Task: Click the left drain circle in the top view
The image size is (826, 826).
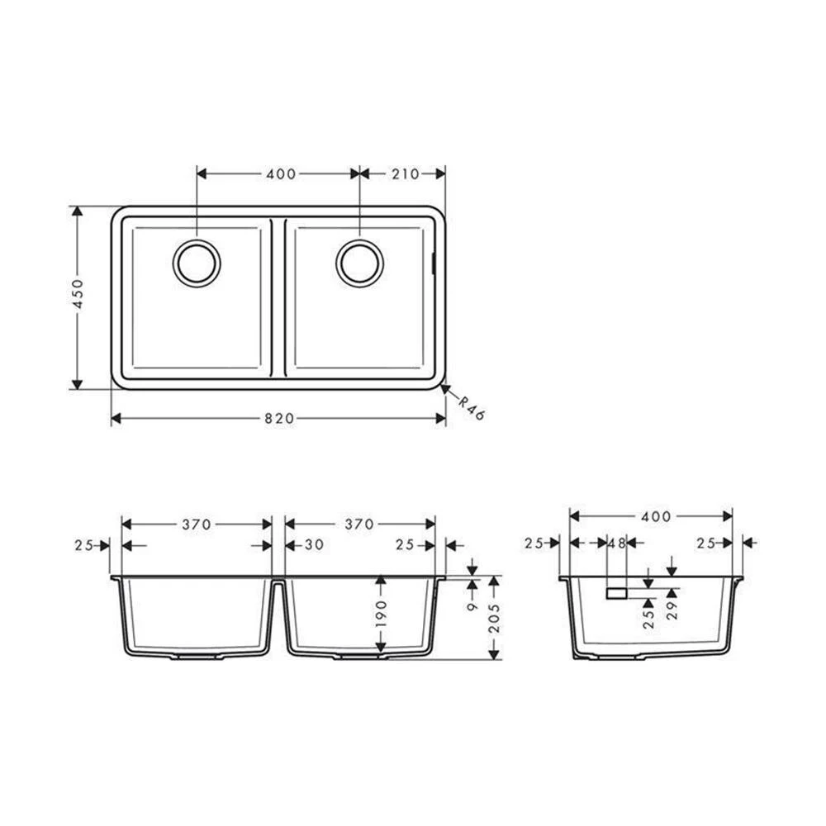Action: [197, 263]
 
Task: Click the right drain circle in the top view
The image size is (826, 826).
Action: [360, 263]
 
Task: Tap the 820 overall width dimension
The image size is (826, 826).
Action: [279, 419]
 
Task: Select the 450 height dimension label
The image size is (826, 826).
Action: [78, 293]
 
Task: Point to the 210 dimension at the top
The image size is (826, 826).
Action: [405, 173]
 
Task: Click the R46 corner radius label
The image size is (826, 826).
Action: [471, 407]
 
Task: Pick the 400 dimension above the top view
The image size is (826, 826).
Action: [281, 173]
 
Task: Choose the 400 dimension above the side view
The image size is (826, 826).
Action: [655, 516]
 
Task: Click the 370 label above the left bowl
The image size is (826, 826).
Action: [197, 525]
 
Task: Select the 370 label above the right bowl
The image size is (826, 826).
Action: [359, 525]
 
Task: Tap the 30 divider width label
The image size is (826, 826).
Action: [312, 545]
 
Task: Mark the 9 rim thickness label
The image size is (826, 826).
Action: [472, 605]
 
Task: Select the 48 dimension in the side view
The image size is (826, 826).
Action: [616, 543]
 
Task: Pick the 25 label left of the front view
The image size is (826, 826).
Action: [83, 545]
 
